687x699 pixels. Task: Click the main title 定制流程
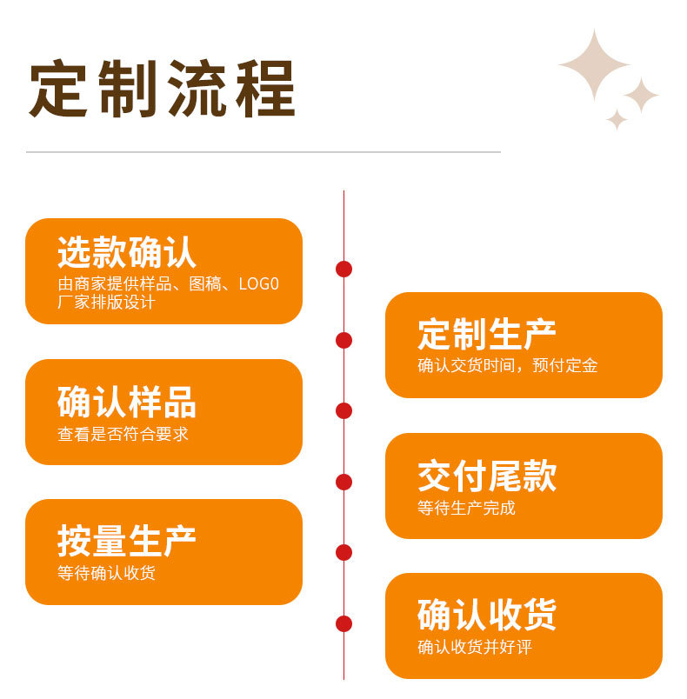coord(163,89)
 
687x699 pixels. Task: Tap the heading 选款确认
coord(127,252)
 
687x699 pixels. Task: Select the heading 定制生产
coord(487,335)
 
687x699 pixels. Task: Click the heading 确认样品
coord(127,403)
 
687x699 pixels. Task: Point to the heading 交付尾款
coord(487,476)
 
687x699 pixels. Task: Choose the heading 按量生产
coord(127,542)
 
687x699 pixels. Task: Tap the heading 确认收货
coord(487,616)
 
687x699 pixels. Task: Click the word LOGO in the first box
coord(258,284)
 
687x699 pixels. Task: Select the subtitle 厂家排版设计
coord(106,303)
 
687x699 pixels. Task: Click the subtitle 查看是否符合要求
coord(123,434)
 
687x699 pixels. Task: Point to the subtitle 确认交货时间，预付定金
coord(508,366)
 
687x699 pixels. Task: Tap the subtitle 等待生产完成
coord(466,508)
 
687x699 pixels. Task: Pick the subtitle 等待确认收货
coord(106,573)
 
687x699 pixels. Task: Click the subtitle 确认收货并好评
coord(474,648)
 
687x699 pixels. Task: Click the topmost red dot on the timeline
coord(343,269)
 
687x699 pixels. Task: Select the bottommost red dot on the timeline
coord(343,623)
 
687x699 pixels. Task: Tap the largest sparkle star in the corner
coord(594,64)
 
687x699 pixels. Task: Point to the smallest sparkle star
coord(617,119)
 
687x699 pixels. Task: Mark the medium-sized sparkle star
coord(641,96)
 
